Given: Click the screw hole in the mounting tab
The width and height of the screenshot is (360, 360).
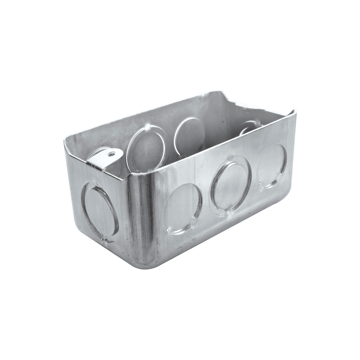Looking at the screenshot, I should click(x=111, y=154).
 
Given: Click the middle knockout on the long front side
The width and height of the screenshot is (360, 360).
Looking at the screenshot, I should click(x=231, y=185).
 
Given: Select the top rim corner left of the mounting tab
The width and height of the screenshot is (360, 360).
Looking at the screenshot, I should click(x=65, y=141).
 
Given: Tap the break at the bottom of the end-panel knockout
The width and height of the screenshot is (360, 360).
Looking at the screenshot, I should click(x=105, y=241).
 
